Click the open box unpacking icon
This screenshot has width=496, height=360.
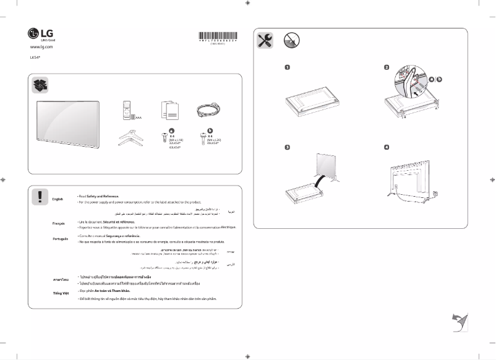point(40,85)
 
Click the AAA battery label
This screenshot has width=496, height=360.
point(139,116)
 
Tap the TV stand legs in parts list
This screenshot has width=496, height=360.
point(130,138)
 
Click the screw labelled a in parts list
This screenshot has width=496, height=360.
point(163,137)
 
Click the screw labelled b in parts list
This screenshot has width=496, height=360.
point(201,137)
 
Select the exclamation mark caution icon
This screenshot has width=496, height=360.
point(40,196)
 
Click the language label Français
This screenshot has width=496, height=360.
point(59,222)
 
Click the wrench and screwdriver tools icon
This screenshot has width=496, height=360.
point(264,41)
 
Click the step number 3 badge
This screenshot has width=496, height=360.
point(288,147)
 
